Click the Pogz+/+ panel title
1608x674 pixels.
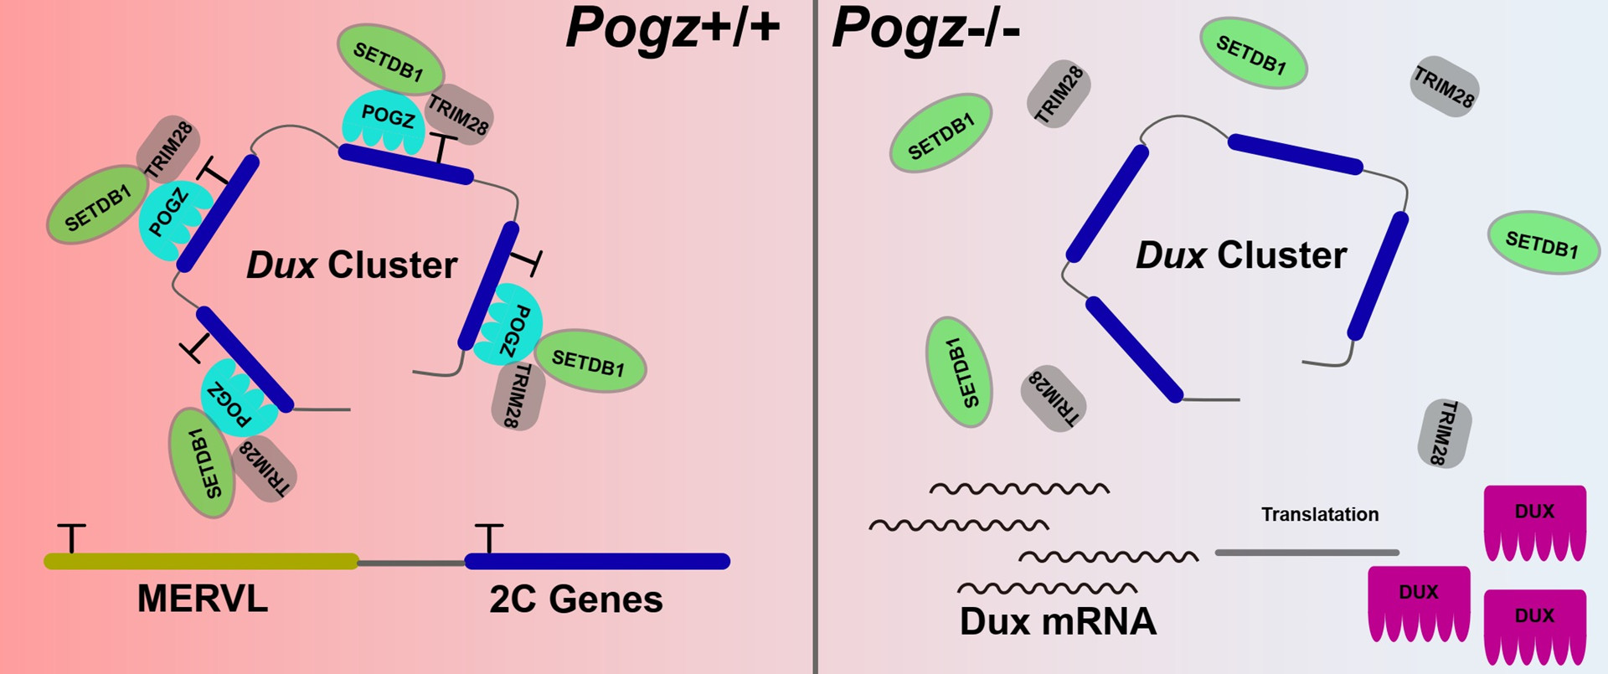pos(673,28)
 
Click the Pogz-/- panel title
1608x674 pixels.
pos(925,28)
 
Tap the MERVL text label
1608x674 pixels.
pos(202,599)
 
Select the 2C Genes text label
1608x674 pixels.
pos(576,599)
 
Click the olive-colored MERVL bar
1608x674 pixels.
pos(201,561)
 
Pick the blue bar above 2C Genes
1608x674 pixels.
pos(597,561)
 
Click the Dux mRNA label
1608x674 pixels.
pos(1058,621)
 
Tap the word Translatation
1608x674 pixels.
pos(1320,514)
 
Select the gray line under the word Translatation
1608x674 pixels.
pos(1306,553)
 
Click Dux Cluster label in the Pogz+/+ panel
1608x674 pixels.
pos(352,265)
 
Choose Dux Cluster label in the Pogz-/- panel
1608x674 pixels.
pos(1241,255)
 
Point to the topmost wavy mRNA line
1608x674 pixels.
pos(1019,489)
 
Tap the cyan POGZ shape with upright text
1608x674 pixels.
pos(386,121)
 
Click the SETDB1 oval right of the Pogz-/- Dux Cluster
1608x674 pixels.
pos(1543,242)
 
